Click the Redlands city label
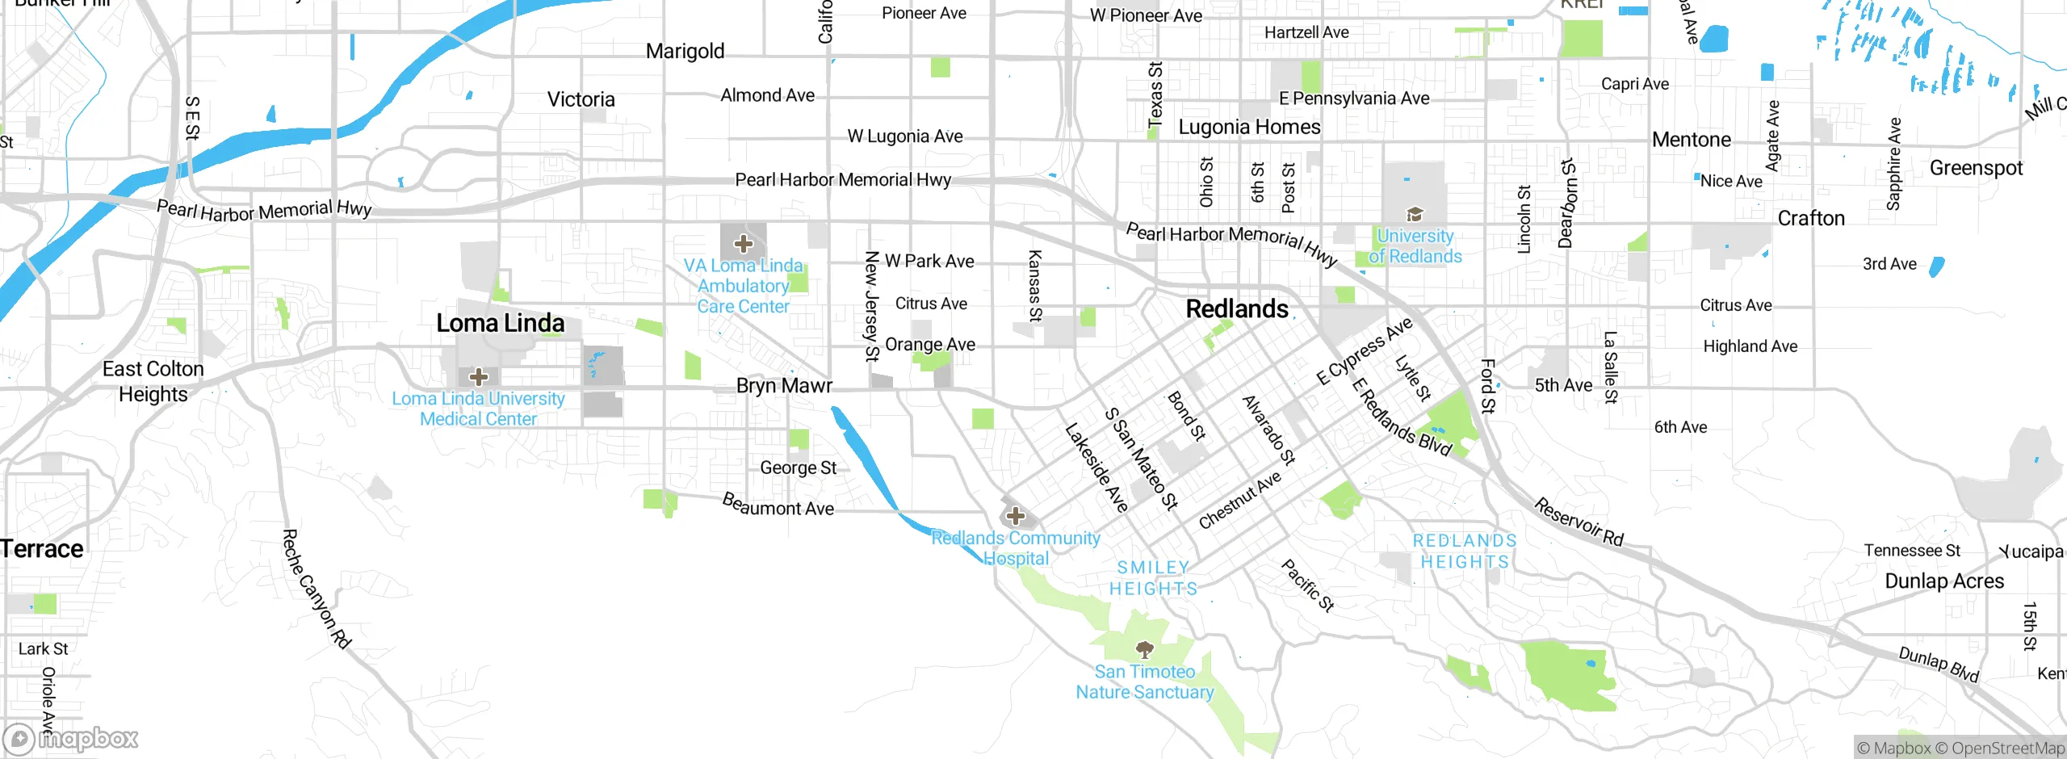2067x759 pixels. click(1237, 309)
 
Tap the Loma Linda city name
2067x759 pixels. click(500, 324)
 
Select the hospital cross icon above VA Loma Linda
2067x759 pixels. click(744, 243)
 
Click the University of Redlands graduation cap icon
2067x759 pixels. click(1415, 215)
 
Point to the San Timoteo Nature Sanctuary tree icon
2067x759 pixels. click(1144, 649)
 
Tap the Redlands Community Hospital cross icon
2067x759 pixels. click(1016, 516)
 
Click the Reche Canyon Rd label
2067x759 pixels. click(317, 589)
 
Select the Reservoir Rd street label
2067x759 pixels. click(1579, 522)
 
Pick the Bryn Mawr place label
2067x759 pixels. click(783, 386)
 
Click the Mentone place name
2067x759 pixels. click(1692, 140)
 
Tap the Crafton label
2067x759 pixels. click(1811, 219)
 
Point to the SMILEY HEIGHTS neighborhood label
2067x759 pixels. click(1153, 578)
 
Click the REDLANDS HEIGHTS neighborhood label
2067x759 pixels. click(1464, 551)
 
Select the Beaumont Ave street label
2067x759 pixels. click(778, 505)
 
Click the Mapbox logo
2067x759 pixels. click(71, 738)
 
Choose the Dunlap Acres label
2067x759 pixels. click(1943, 581)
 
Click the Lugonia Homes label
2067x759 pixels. click(1249, 128)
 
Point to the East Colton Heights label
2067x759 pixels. click(153, 381)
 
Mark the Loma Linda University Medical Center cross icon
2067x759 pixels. click(479, 376)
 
